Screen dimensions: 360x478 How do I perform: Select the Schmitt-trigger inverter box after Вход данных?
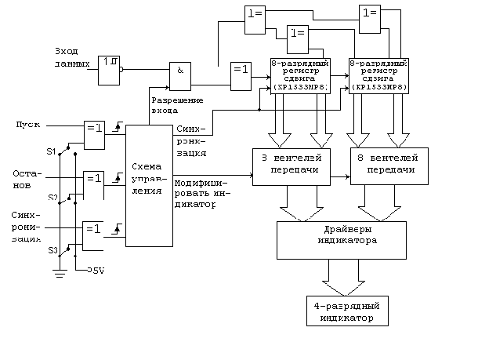(109, 70)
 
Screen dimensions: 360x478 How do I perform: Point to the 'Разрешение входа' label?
(177, 105)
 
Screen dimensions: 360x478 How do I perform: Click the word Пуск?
(27, 125)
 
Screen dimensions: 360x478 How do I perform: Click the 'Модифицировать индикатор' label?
(197, 193)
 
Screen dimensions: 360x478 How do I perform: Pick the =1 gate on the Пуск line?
(94, 133)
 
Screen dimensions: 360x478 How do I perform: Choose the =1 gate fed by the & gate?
(241, 75)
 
